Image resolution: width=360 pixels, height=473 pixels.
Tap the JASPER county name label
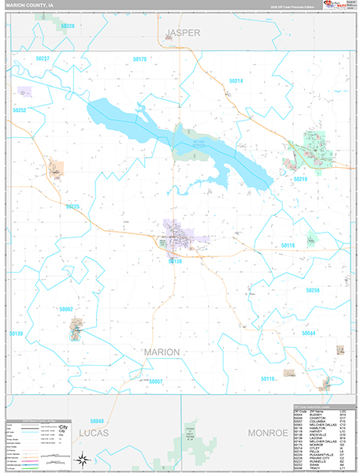pyautogui.click(x=184, y=32)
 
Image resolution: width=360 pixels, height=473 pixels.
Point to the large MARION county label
pyautogui.click(x=161, y=351)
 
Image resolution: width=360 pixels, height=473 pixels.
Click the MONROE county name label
pyautogui.click(x=269, y=434)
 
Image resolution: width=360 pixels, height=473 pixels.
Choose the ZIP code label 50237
pyautogui.click(x=42, y=59)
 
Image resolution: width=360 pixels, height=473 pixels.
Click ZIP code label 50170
pyautogui.click(x=140, y=59)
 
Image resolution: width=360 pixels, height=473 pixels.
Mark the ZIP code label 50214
pyautogui.click(x=236, y=81)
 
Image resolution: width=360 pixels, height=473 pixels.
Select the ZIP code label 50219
pyautogui.click(x=301, y=180)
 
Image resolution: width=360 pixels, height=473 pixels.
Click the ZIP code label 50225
pyautogui.click(x=72, y=207)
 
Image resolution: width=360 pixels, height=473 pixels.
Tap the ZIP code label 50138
pyautogui.click(x=175, y=261)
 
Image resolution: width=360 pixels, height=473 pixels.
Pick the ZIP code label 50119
pyautogui.click(x=288, y=246)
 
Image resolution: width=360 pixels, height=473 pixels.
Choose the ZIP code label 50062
pyautogui.click(x=65, y=310)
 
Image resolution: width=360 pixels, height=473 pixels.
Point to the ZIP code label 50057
pyautogui.click(x=154, y=382)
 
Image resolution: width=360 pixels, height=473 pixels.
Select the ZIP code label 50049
pyautogui.click(x=97, y=421)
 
